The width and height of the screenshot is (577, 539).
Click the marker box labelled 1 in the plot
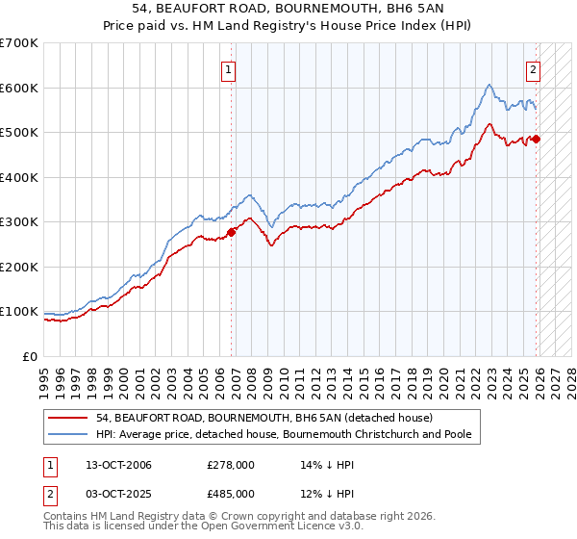(229, 69)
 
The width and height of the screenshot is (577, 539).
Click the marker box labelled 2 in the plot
(533, 69)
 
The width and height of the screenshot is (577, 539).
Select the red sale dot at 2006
(232, 232)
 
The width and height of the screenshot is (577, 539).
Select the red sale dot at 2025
(537, 140)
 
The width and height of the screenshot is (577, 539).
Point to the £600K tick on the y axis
(19, 88)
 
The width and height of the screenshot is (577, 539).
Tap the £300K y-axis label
(19, 222)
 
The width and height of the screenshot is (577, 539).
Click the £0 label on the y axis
(31, 357)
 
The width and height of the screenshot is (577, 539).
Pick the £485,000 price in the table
(231, 493)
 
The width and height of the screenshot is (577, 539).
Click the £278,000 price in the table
(231, 465)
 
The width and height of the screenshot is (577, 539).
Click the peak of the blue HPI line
(489, 85)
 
